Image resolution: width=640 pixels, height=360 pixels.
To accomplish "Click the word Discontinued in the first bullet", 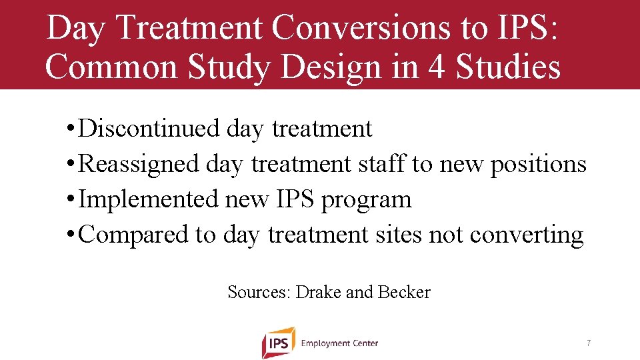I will [x=148, y=128].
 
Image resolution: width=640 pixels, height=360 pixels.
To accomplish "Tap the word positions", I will [x=538, y=165].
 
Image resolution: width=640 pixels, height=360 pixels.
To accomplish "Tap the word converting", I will [x=527, y=235].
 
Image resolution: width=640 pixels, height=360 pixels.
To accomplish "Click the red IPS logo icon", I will [x=278, y=343].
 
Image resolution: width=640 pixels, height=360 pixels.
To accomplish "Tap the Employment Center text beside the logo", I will [x=339, y=343].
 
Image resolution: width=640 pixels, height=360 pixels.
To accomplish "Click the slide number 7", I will [x=588, y=343].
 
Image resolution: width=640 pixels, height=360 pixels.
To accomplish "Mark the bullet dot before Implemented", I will [x=71, y=200].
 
